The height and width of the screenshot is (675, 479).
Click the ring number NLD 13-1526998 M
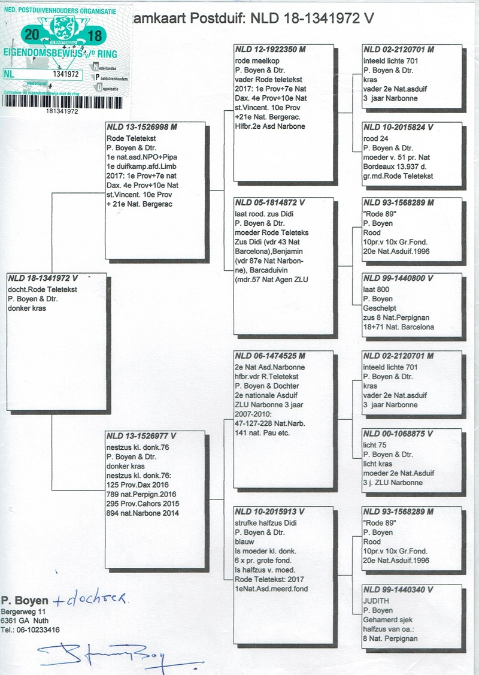point(142,128)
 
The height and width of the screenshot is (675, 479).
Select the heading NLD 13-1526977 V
point(141,435)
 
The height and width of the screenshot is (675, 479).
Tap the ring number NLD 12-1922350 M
point(270,49)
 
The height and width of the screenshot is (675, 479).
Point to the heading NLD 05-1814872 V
point(270,202)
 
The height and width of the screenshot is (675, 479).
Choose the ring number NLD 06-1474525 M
point(270,356)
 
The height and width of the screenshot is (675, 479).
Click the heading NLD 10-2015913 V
point(270,511)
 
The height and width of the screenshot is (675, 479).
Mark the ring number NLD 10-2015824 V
point(398,127)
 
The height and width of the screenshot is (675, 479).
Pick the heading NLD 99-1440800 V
point(398,279)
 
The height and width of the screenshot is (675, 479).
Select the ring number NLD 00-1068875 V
point(398,434)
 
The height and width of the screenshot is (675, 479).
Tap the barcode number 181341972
point(65,111)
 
